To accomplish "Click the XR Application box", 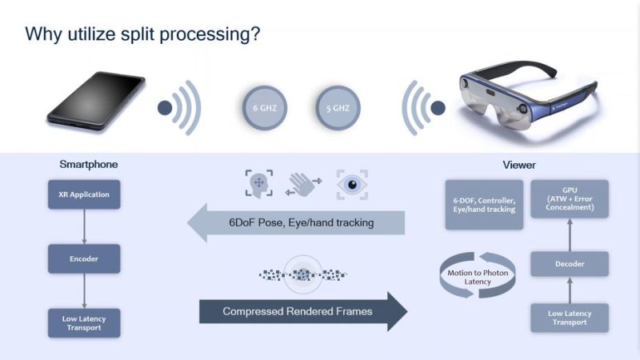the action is coord(84,194).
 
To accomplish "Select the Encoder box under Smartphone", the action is coord(84,258).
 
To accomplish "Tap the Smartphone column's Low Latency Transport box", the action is coord(84,323).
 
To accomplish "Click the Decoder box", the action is coord(570,264).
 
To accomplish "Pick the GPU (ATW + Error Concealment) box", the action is coord(570,198).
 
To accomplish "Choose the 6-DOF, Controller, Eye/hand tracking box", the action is coord(484,205).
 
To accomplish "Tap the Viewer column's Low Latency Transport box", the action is coord(570,318).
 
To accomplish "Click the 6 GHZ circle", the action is coord(265,108).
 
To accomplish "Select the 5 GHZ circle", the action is coord(338,108).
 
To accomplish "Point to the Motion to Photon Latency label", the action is coord(478,277).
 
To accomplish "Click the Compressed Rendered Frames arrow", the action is coord(303,311).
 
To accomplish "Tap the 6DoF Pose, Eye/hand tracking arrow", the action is coord(296,222).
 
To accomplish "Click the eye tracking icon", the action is coord(352,185).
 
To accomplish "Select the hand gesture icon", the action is coord(303,184).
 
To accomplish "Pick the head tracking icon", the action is coord(259,184).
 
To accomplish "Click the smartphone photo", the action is coord(96,101).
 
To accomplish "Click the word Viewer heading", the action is coord(519,165).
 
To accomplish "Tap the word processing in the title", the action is coord(210,34).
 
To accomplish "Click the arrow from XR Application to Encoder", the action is coord(84,227).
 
